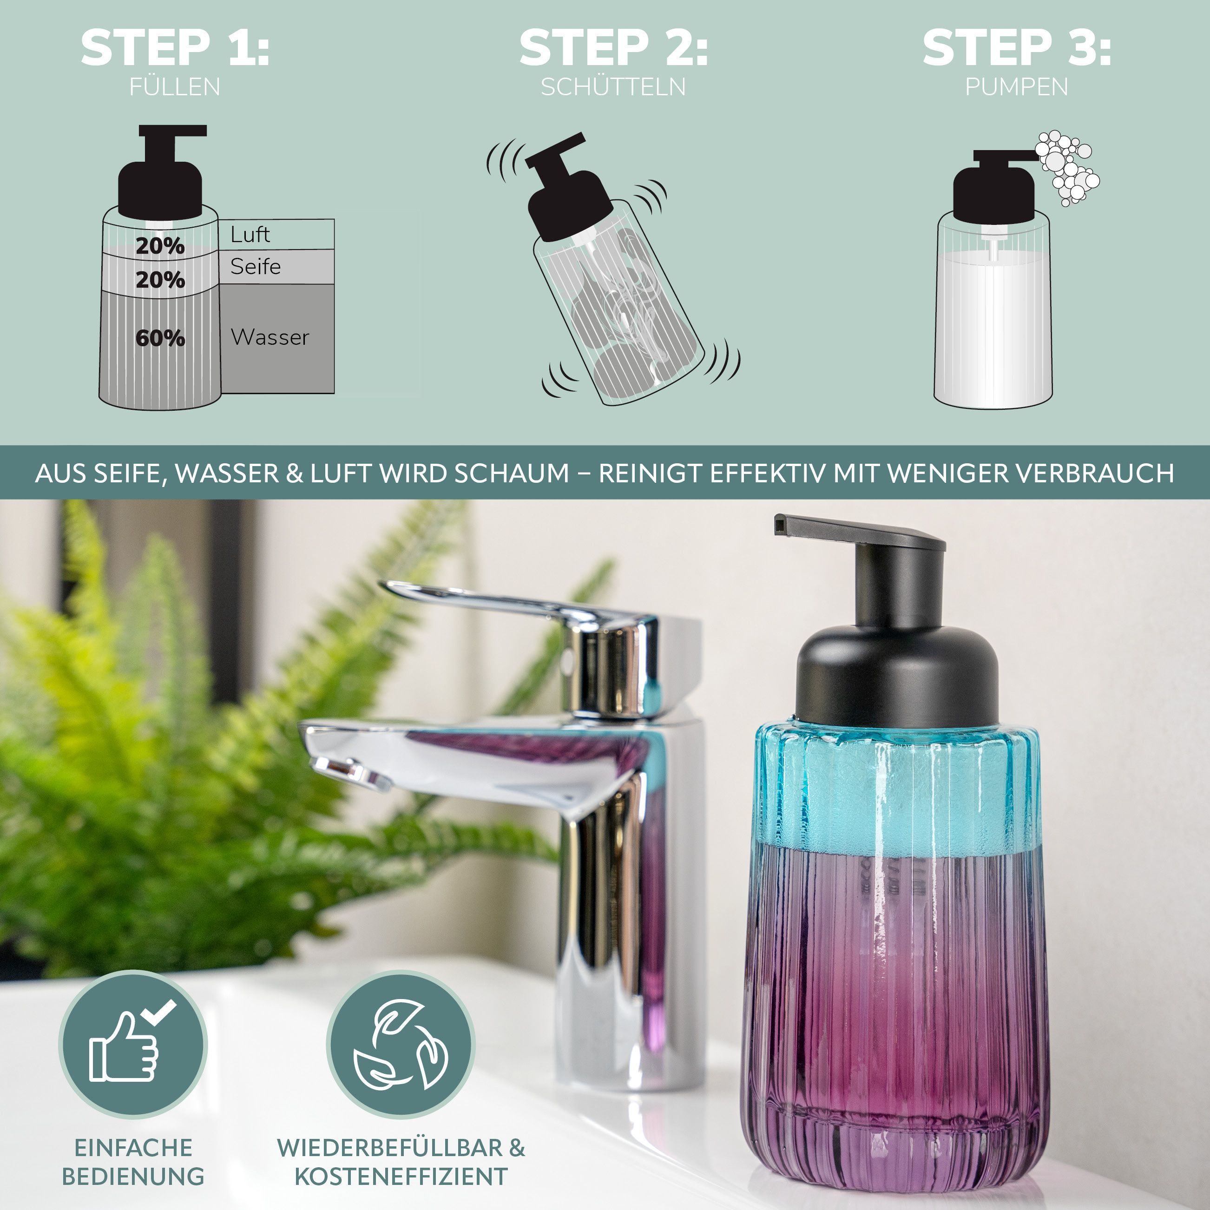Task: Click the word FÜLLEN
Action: [x=175, y=86]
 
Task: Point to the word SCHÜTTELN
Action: [x=613, y=86]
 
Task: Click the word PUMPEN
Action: [x=1017, y=86]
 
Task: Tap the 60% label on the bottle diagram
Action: [x=160, y=338]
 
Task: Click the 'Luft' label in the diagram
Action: [x=250, y=234]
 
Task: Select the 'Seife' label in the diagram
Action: [x=256, y=266]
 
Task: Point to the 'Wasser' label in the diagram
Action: [x=270, y=337]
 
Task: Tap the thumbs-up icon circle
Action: [x=133, y=1044]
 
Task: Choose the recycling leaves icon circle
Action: [x=401, y=1044]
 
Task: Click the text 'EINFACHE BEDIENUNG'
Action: [x=133, y=1162]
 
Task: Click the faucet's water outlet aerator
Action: [x=348, y=772]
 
